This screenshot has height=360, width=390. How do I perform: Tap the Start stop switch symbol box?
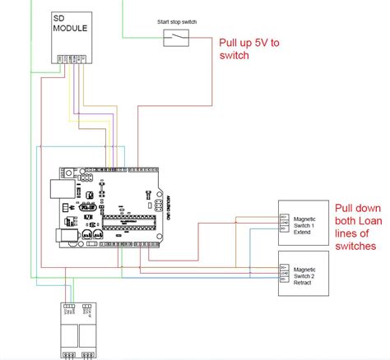[x=175, y=36]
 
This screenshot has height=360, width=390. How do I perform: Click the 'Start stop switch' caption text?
[x=175, y=21]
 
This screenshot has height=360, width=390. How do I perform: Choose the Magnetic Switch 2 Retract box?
[x=304, y=274]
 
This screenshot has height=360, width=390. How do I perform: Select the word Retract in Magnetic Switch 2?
[x=303, y=283]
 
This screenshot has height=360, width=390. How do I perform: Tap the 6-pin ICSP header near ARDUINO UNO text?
[x=153, y=203]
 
